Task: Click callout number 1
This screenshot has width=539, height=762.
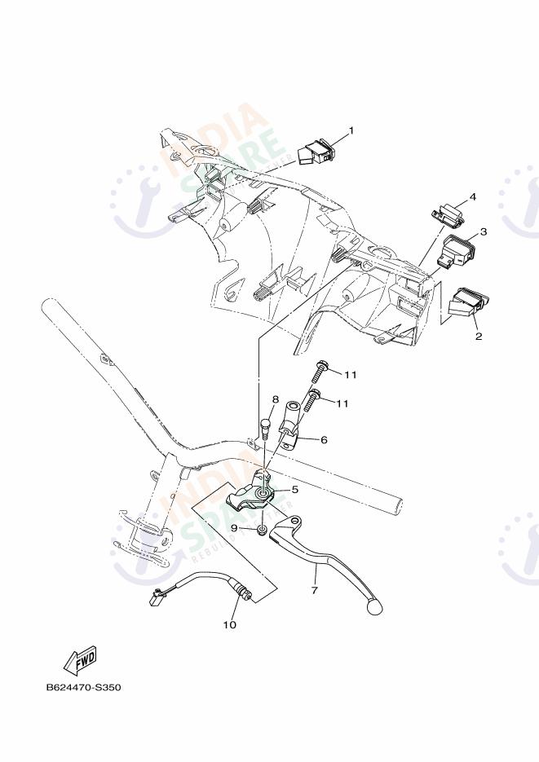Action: coord(351,130)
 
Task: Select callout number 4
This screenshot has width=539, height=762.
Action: coord(471,198)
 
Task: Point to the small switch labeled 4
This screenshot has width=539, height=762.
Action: coord(446,214)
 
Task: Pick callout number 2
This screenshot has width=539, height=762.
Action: coord(479,336)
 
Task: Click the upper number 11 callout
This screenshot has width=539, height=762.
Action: coord(351,374)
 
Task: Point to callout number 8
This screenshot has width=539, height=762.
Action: coord(276,399)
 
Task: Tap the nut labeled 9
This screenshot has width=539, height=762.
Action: coord(259,531)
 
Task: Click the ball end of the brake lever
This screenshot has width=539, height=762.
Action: coord(376,606)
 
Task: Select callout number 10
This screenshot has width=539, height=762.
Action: coord(229,625)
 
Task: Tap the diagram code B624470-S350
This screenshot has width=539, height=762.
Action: coord(83,688)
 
